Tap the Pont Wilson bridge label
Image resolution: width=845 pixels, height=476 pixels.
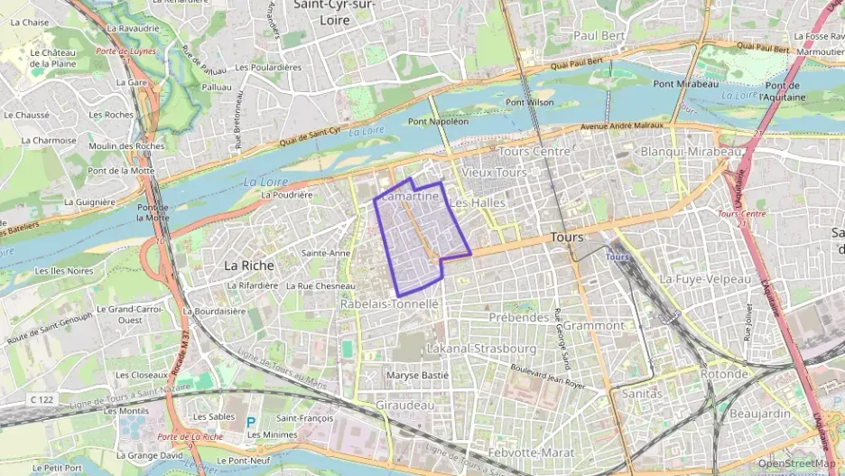tap(529, 102)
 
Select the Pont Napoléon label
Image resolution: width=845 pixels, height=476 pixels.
tap(439, 121)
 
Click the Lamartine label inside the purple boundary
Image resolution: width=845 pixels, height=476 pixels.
tap(410, 196)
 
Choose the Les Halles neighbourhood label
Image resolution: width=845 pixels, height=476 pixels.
tap(477, 203)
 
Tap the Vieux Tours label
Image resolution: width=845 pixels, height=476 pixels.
tap(493, 172)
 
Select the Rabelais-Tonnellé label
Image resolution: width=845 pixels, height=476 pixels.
tap(389, 304)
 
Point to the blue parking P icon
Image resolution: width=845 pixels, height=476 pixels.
tap(251, 421)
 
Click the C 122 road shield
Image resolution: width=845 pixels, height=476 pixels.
tap(42, 399)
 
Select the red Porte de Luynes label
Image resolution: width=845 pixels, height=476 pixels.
tap(125, 51)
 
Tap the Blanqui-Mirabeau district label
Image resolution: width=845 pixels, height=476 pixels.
tap(691, 152)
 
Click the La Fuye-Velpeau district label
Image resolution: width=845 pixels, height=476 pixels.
tap(705, 280)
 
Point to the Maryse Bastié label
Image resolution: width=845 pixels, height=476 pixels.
tap(417, 375)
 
